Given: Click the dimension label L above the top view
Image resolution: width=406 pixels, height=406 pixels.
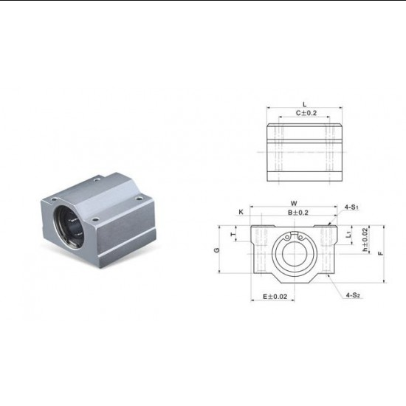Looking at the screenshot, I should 304,105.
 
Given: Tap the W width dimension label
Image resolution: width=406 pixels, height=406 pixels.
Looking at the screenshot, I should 294,203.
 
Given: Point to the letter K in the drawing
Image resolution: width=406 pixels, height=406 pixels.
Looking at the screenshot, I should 241,212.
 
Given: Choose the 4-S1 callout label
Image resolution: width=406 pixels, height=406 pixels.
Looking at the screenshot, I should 351,208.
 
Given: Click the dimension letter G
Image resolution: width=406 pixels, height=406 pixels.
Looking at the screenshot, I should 216,250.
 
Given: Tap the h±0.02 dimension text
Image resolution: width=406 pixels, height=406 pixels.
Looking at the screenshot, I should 365,240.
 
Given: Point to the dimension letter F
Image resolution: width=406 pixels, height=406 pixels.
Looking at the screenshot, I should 379,253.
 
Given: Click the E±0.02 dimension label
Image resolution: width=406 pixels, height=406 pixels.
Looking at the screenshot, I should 275,297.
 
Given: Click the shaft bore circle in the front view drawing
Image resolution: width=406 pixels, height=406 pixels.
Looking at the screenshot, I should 293,252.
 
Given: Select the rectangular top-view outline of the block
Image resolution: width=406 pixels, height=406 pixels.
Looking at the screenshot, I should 304,154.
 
